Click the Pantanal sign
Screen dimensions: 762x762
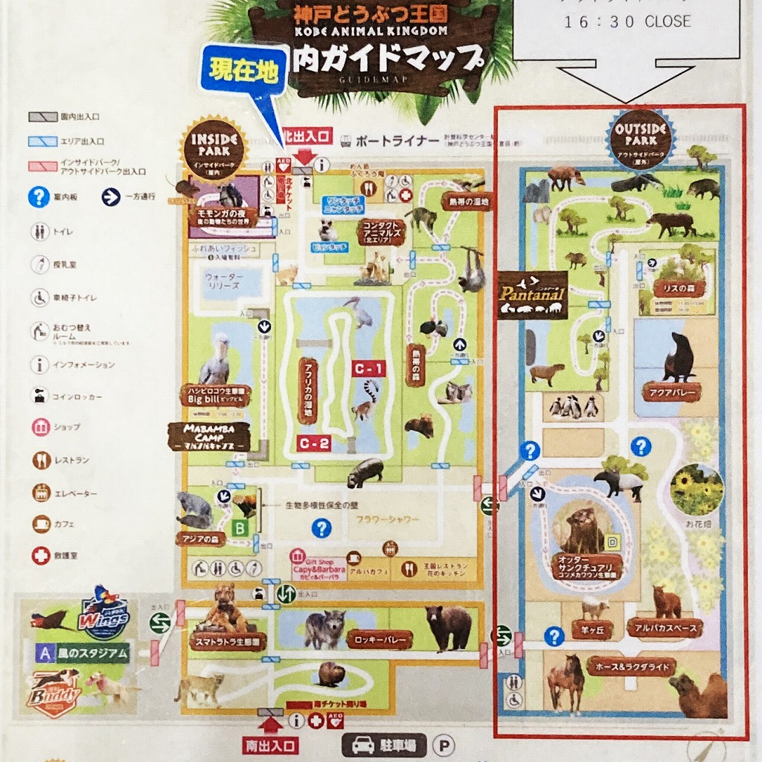tap(533, 293)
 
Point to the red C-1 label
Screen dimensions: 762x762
tap(370, 368)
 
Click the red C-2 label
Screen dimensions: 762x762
tap(314, 444)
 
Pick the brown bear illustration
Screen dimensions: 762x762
tap(449, 626)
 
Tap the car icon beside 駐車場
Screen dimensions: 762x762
tap(362, 745)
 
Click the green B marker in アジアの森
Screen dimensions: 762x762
tap(240, 529)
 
